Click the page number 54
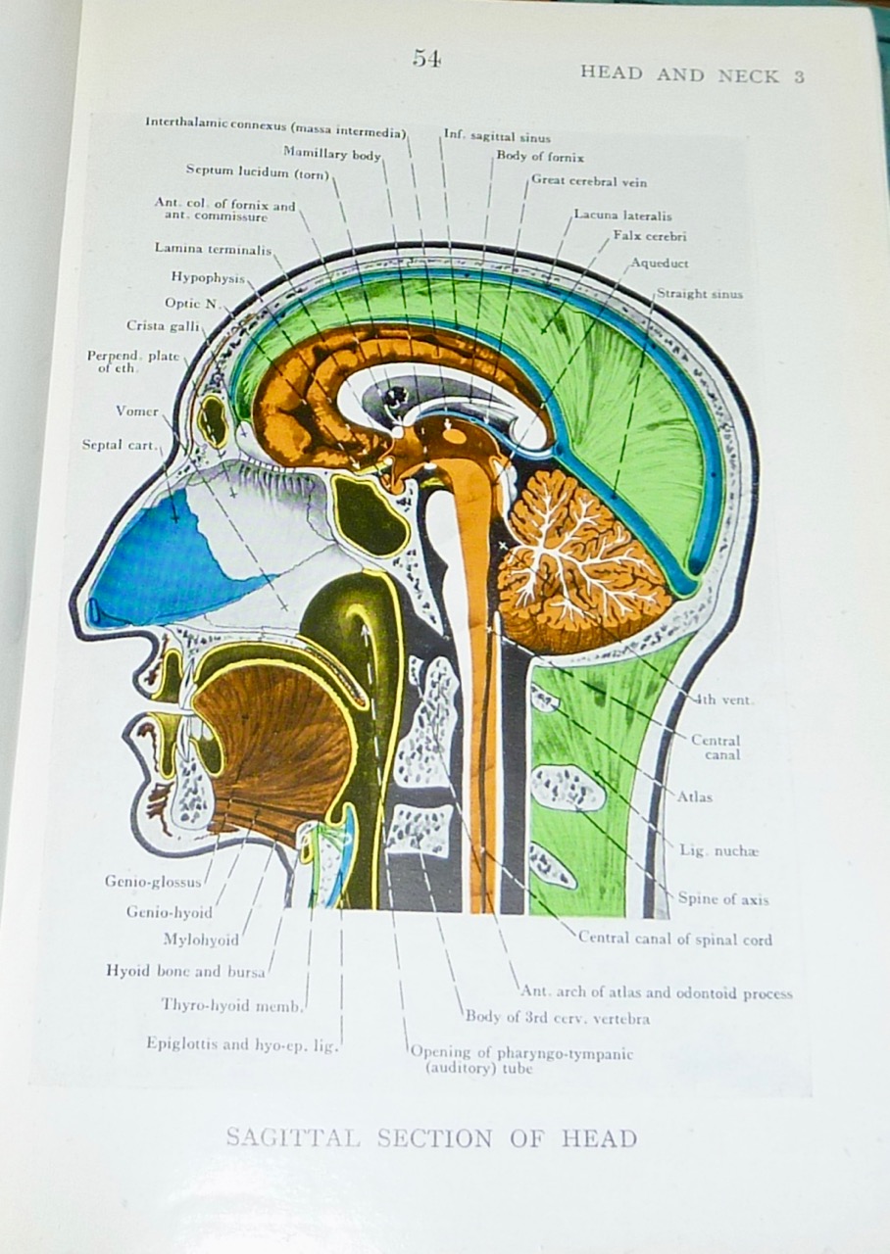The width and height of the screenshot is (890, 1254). (x=426, y=59)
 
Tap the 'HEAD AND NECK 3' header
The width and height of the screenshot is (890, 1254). (x=692, y=74)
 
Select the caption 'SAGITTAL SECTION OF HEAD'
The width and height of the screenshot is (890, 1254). (x=431, y=1138)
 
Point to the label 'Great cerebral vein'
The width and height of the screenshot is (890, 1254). (x=588, y=181)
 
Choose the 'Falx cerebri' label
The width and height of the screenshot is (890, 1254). (x=649, y=236)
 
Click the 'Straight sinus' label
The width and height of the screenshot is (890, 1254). (x=699, y=293)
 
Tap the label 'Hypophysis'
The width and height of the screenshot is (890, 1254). (x=207, y=278)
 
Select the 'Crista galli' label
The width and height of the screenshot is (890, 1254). (x=163, y=325)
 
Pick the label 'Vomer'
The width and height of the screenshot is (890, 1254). (x=136, y=411)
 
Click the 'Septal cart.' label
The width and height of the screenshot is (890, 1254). (x=119, y=445)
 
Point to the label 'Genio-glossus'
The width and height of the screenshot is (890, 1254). (x=153, y=882)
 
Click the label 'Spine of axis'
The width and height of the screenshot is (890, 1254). (x=722, y=898)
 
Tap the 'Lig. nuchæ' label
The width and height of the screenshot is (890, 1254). (x=718, y=850)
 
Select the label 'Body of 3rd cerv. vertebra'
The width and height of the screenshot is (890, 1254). (x=557, y=1018)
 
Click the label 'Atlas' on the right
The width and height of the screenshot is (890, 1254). (x=694, y=796)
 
